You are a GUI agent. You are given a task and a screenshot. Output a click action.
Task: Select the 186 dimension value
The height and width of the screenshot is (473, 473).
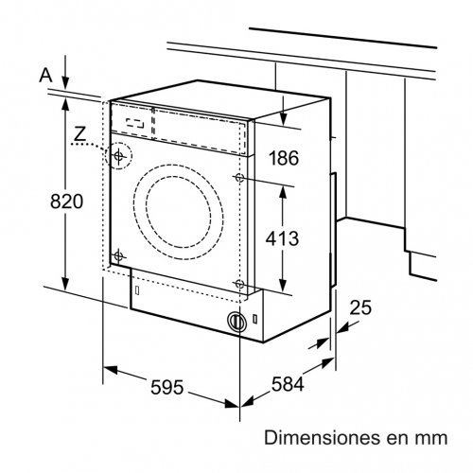point(282,159)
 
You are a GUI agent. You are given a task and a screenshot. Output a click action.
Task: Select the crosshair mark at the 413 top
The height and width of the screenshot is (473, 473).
point(239,178)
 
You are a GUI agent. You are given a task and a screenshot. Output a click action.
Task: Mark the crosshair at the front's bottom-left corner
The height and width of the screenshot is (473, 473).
point(118,255)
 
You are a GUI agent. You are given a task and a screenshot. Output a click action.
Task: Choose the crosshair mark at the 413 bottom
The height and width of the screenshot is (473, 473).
point(239,285)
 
